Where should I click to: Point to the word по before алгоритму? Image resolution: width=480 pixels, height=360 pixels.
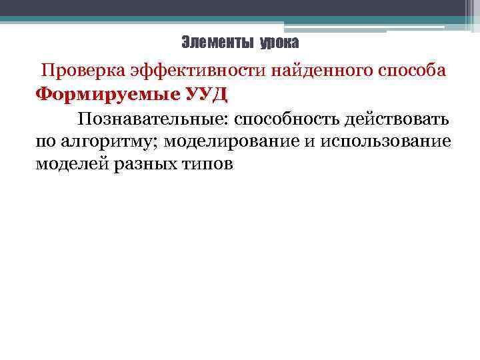(46, 142)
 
